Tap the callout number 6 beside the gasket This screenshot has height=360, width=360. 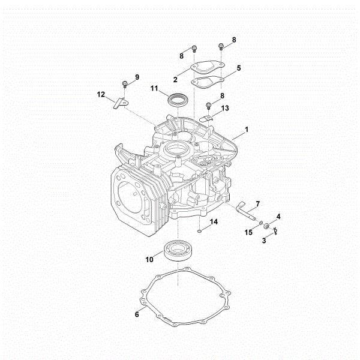(137, 313)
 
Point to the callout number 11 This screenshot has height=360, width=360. (154, 89)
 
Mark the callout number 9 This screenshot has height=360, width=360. (137, 77)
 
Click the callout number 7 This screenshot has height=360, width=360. (257, 203)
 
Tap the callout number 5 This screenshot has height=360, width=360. (238, 68)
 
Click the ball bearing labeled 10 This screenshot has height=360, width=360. (179, 250)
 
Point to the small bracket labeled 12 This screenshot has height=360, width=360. (119, 103)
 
